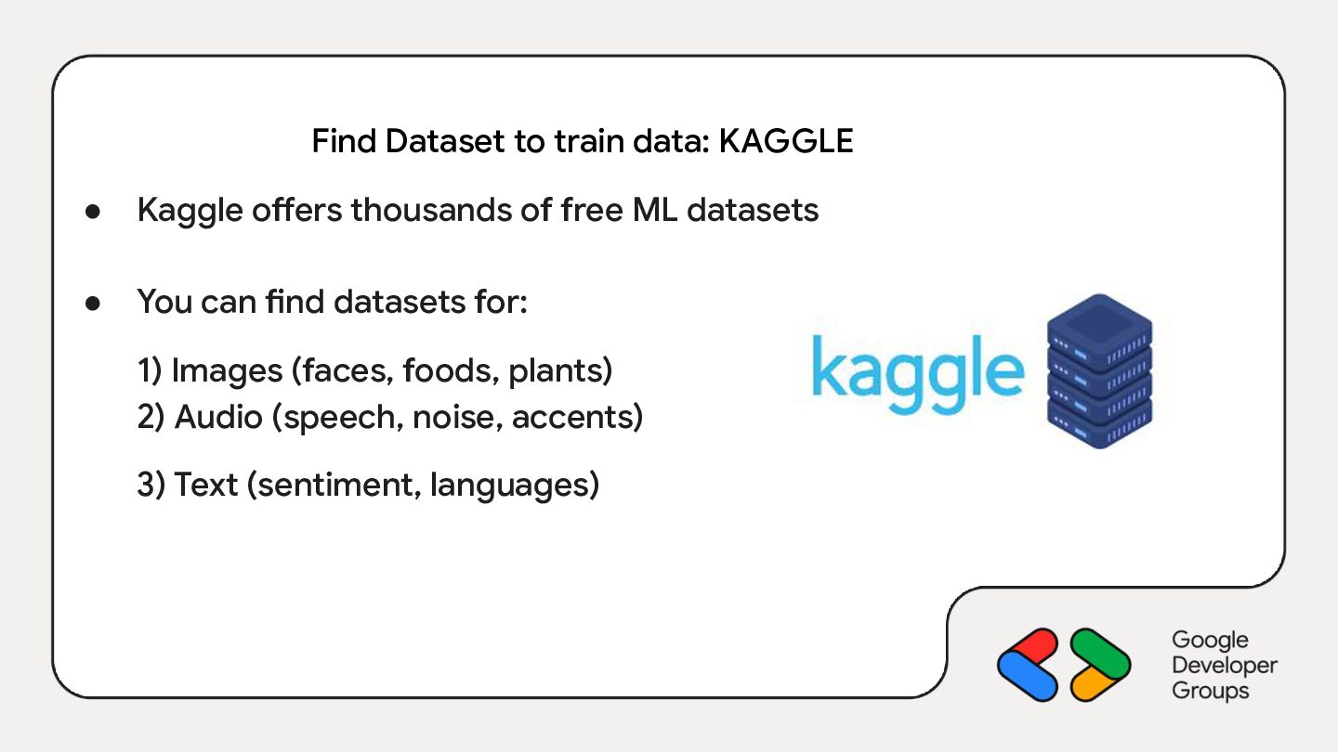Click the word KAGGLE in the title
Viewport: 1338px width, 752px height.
pyautogui.click(x=785, y=141)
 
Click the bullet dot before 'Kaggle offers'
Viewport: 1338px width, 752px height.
pyautogui.click(x=93, y=212)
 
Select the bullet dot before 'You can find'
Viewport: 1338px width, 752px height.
pyautogui.click(x=93, y=304)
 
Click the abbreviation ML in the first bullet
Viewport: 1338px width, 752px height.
pyautogui.click(x=655, y=210)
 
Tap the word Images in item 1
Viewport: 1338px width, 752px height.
pyautogui.click(x=227, y=371)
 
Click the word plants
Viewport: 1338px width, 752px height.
pyautogui.click(x=556, y=371)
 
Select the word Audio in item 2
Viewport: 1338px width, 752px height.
pyautogui.click(x=218, y=417)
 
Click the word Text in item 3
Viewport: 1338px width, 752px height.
pyautogui.click(x=205, y=485)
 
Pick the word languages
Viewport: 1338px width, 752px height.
pyautogui.click(x=509, y=486)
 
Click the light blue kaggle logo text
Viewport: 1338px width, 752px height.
pyautogui.click(x=917, y=374)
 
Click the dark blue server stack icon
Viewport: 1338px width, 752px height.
pyautogui.click(x=1100, y=370)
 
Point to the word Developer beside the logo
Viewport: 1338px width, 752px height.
pyautogui.click(x=1225, y=666)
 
